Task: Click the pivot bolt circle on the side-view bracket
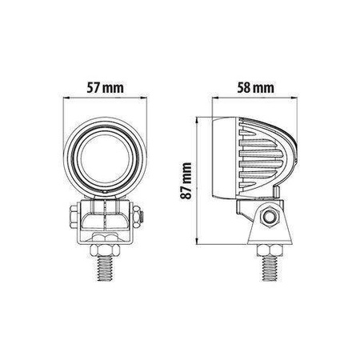click(268, 217)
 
